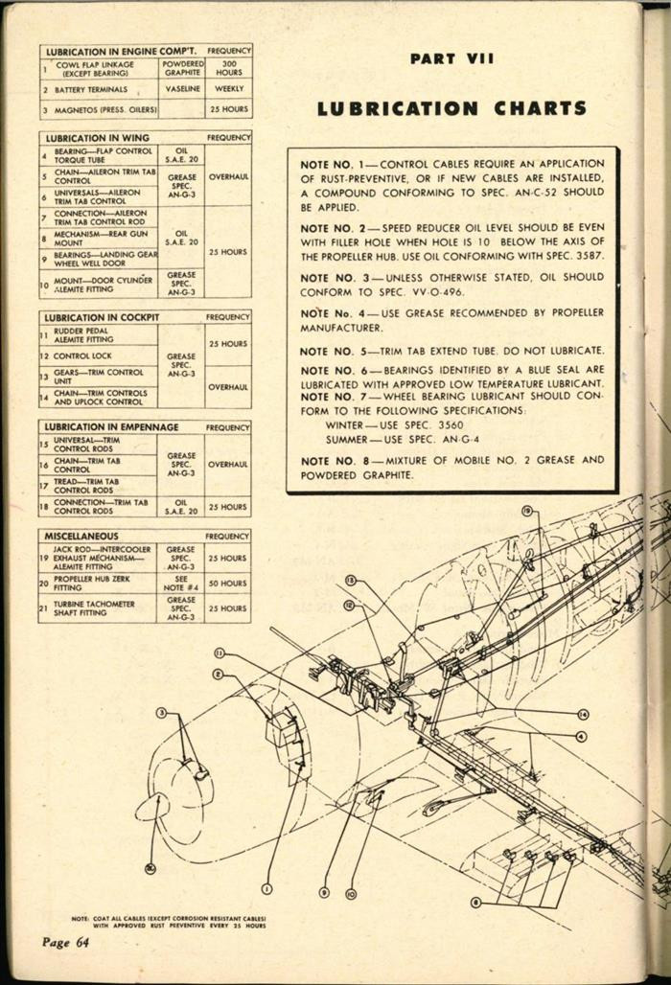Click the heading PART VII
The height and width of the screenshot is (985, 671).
[451, 58]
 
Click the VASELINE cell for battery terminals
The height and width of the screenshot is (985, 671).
[181, 88]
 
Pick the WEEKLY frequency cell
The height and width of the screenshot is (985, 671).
[229, 88]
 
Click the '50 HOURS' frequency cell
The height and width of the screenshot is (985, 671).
[228, 583]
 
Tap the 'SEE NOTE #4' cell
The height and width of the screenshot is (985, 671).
[181, 583]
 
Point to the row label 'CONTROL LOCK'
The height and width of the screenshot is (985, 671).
[84, 356]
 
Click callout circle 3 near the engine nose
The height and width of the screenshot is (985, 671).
[162, 712]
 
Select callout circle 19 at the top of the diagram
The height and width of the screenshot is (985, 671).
[527, 513]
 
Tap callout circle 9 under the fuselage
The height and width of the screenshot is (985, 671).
[324, 892]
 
